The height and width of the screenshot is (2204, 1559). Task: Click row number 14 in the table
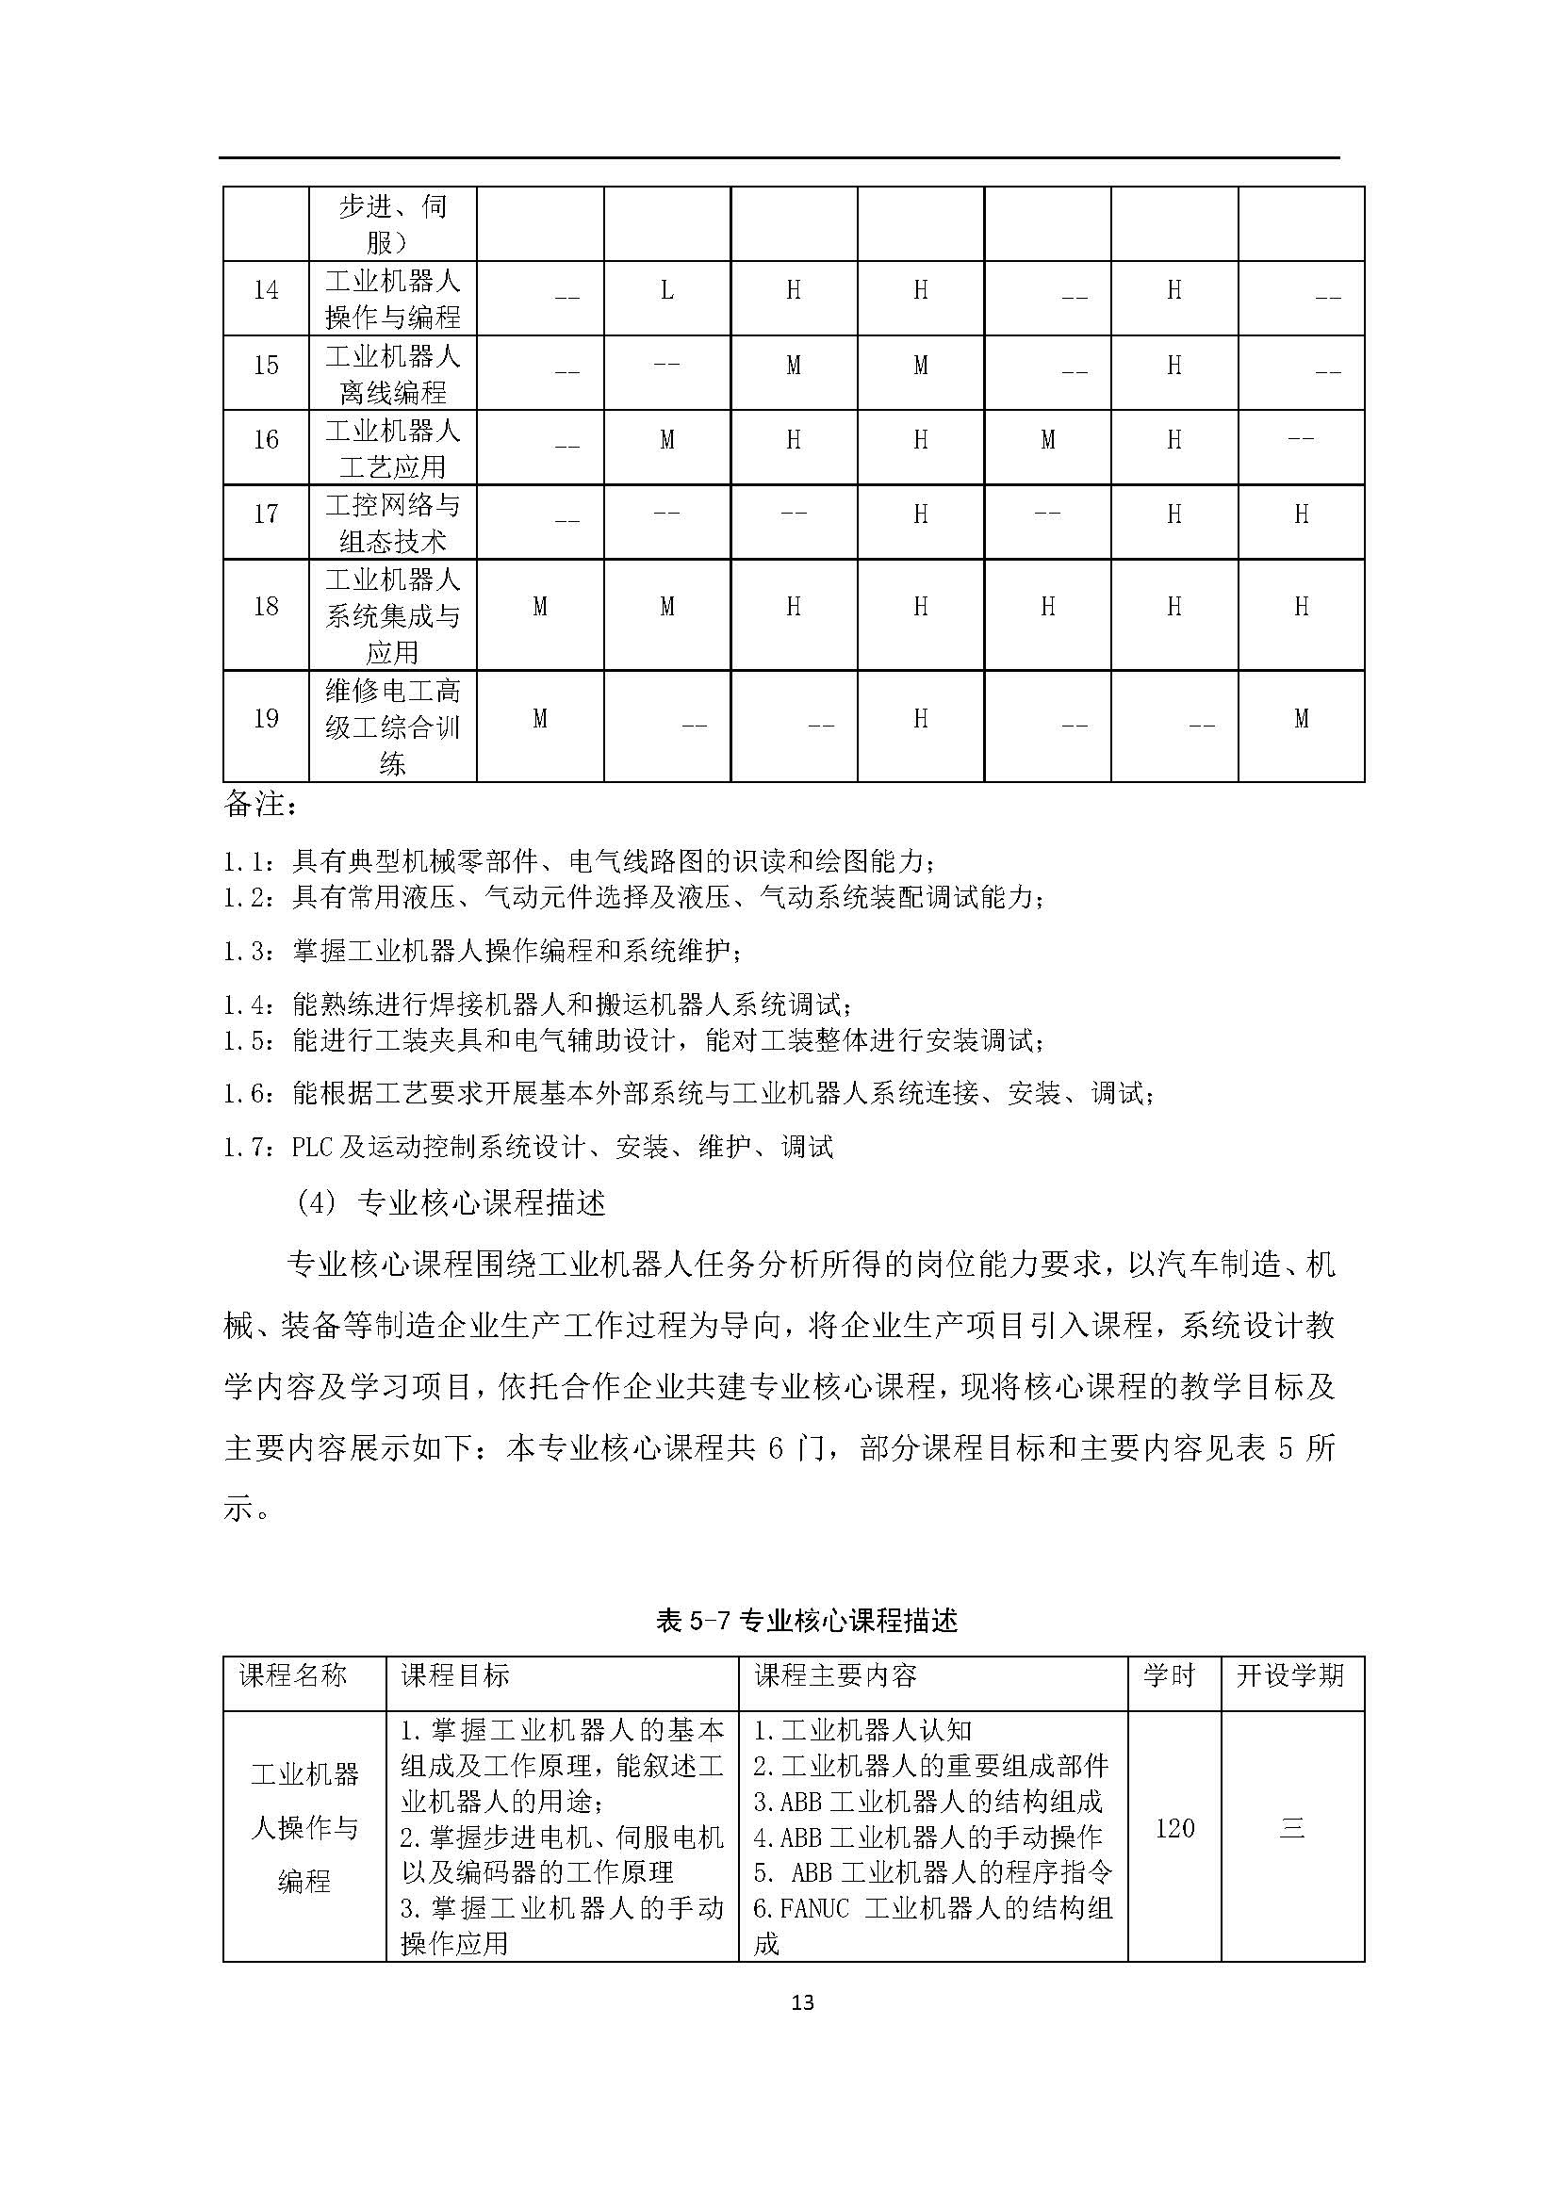click(266, 291)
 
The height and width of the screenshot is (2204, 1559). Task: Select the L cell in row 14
click(667, 290)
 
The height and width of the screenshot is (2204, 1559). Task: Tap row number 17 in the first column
click(266, 514)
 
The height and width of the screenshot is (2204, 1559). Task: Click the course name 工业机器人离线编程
click(393, 373)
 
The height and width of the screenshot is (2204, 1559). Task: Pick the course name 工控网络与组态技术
click(393, 522)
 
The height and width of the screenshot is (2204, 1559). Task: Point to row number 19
click(266, 719)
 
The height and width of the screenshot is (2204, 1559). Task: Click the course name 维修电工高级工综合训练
click(393, 727)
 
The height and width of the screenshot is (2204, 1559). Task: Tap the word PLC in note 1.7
click(312, 1147)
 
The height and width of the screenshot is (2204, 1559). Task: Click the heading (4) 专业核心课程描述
click(451, 1202)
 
